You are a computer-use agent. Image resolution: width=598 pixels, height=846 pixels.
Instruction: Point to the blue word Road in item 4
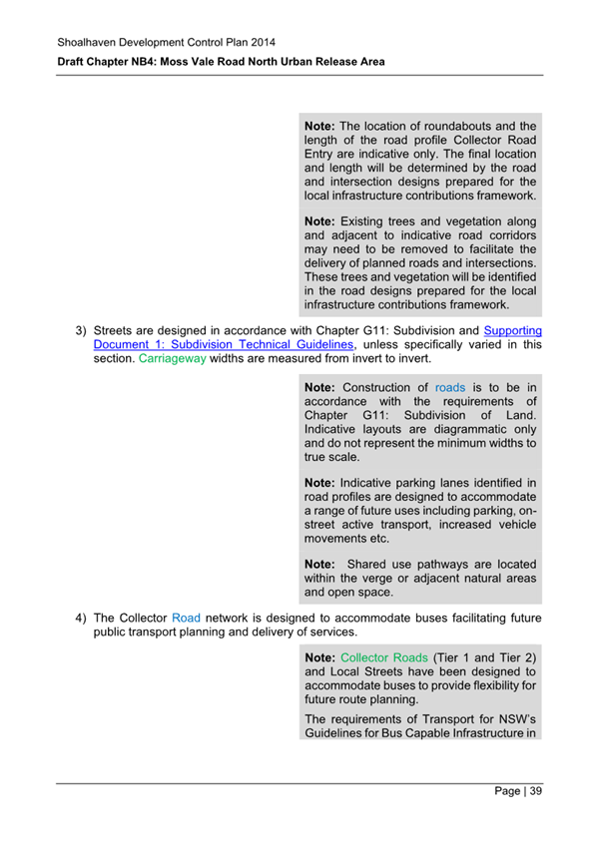click(x=187, y=617)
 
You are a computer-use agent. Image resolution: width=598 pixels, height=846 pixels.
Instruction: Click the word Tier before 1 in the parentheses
click(x=454, y=658)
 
